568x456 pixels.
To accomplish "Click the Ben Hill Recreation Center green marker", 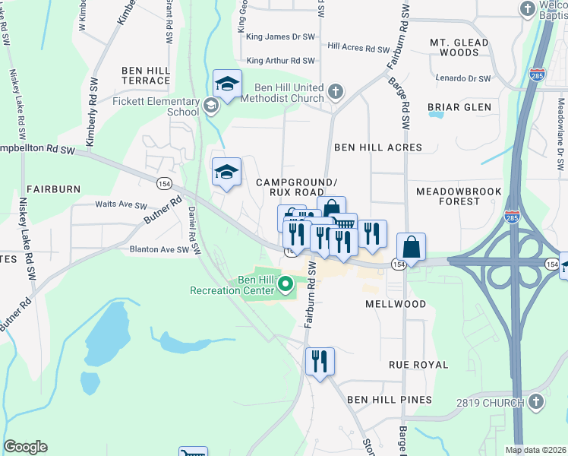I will pos(286,286).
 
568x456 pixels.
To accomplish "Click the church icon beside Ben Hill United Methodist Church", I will pos(336,93).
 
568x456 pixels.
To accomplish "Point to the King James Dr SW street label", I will pos(280,36).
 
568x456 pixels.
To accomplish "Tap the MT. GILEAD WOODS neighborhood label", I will pos(459,48).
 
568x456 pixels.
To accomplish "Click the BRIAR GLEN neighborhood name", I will pos(459,107).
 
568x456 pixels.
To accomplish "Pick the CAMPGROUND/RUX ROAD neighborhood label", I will pos(296,187).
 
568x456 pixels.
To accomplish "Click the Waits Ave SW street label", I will pos(121,204).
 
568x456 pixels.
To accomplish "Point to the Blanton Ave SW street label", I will pos(159,249).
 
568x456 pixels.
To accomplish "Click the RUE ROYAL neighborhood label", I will pos(418,365).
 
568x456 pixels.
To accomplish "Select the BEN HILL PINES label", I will pos(390,399).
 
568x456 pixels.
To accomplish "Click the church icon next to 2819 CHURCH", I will pos(536,401).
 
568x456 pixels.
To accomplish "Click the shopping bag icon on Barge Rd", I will pos(411,247).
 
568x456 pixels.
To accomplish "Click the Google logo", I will pos(26,447).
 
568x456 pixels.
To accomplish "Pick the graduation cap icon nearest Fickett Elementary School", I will pos(227,84).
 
